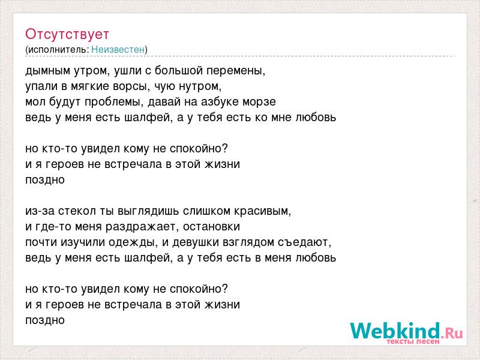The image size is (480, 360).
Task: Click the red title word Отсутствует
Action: [67, 34]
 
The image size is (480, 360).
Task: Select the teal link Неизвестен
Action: [118, 49]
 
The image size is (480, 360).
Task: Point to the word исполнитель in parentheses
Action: [58, 50]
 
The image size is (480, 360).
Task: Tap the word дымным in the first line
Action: [48, 71]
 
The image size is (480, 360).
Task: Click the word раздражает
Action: [140, 227]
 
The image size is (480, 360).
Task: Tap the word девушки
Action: [196, 242]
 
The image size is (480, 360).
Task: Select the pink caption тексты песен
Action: [413, 341]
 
